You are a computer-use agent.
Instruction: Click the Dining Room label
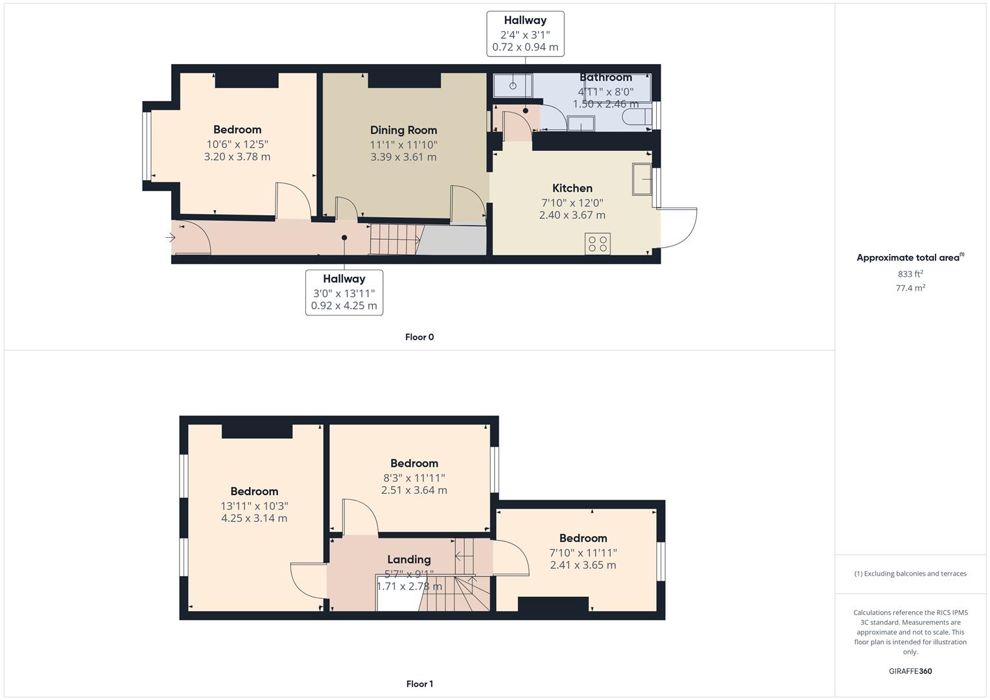pos(403,130)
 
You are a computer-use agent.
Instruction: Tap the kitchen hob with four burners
pos(597,244)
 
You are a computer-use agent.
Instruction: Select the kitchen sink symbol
pos(642,179)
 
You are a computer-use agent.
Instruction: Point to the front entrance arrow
pos(171,238)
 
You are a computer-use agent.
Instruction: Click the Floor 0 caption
pos(419,337)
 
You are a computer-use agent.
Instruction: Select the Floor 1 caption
pos(419,684)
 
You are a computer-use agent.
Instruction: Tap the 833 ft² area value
pos(910,274)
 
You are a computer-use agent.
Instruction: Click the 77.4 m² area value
pos(910,288)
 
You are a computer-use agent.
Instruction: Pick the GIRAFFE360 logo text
pos(910,671)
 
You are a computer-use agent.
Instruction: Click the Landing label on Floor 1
pos(408,559)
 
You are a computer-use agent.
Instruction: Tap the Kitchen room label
pos(572,188)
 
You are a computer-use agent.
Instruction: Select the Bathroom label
pos(606,77)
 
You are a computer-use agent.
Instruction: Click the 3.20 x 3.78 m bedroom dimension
pos(237,157)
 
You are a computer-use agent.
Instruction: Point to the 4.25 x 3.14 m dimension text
pos(254,519)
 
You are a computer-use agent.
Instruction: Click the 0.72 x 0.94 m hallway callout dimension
pos(525,47)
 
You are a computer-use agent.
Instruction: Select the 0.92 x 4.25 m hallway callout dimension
pos(344,306)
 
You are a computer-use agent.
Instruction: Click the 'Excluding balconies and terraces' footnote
pos(910,574)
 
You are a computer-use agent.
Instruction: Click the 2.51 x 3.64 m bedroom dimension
pos(414,491)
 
